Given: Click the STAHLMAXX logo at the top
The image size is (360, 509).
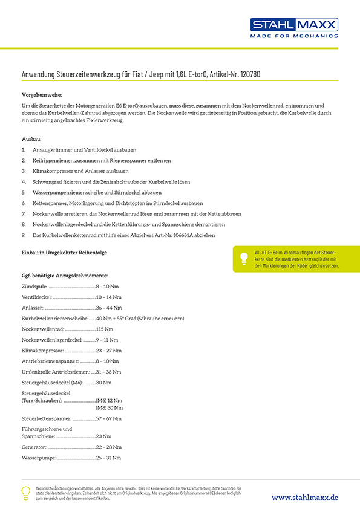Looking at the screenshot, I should (x=294, y=24).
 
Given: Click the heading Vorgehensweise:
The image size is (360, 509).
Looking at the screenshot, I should (x=41, y=95).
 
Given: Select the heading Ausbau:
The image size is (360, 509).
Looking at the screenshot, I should (x=31, y=139).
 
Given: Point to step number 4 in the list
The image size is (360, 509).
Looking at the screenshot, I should (x=24, y=181).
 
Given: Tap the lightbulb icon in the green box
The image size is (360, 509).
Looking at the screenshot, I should (x=244, y=258).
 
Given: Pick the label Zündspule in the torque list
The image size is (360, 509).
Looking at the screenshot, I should (x=34, y=286).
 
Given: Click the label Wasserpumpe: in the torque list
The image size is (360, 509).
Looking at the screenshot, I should (x=39, y=458).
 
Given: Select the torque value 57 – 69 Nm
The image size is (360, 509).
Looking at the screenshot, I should (x=108, y=418).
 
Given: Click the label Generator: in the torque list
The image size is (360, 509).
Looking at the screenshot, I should (x=34, y=447).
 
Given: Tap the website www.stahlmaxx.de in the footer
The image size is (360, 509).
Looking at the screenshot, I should (x=304, y=497).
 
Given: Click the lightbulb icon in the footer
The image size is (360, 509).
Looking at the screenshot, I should (x=25, y=493).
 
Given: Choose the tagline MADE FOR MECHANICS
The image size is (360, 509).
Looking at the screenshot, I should (x=294, y=36).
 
